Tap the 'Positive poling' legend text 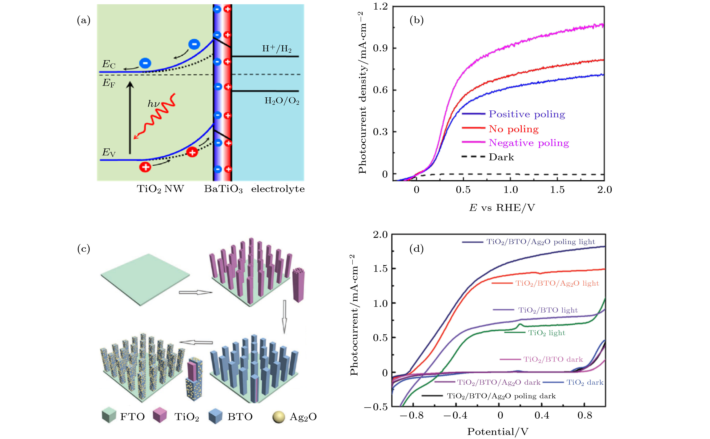click(527, 114)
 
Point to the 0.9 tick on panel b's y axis click(380, 48)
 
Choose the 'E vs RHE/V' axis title click(502, 208)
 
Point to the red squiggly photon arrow click(155, 116)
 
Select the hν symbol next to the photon click(153, 103)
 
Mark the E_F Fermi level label click(109, 83)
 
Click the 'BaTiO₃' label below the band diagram click(223, 189)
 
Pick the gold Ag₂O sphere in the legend click(278, 417)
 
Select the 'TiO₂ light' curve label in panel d click(546, 333)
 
